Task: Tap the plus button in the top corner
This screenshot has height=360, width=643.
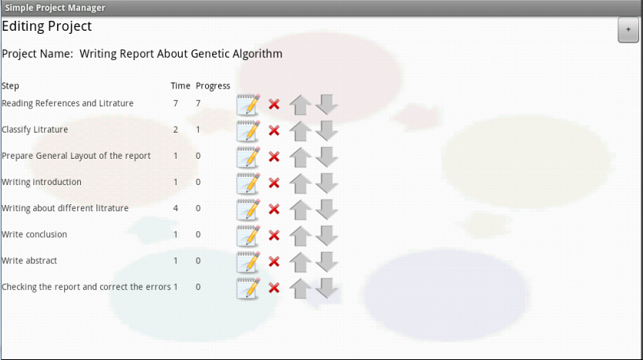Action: [x=628, y=29]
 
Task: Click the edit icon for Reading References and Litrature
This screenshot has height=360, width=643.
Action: [x=248, y=105]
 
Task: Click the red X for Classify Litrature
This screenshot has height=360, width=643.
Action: [x=274, y=131]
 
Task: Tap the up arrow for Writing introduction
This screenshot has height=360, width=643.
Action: [x=300, y=183]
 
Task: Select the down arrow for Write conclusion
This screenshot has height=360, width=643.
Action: [x=326, y=235]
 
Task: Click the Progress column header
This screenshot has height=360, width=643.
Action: [x=213, y=86]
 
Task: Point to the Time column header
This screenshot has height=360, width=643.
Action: [x=180, y=86]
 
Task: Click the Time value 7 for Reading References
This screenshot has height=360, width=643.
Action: [x=176, y=103]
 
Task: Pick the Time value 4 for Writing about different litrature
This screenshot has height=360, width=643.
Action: [x=176, y=208]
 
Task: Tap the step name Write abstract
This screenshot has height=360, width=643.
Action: [x=29, y=261]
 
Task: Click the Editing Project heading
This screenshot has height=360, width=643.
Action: [x=47, y=26]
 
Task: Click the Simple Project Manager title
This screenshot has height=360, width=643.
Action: [x=55, y=8]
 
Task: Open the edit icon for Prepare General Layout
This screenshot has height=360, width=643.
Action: [x=248, y=157]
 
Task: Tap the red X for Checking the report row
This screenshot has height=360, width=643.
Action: [x=274, y=288]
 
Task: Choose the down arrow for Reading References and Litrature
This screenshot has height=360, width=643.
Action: [x=326, y=104]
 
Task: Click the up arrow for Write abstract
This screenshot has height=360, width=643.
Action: [x=300, y=262]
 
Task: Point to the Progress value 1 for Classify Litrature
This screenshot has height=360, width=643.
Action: [x=198, y=130]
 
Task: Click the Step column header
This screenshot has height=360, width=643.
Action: [x=10, y=86]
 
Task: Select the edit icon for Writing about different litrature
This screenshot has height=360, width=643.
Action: [x=248, y=210]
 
